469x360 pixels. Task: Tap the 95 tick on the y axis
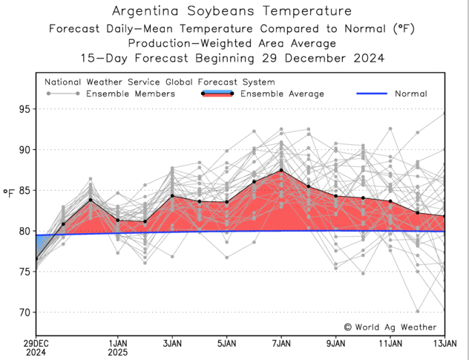pos(24,109)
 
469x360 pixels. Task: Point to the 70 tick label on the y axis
pos(24,312)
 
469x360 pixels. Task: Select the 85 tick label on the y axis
pos(24,190)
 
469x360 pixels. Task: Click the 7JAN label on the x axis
pos(281,344)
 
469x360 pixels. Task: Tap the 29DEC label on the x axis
pos(36,344)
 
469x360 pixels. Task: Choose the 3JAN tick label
pos(172,344)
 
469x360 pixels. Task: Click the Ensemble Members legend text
pos(131,94)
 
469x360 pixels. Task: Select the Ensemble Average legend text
pos(283,94)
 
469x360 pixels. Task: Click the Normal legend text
pos(410,94)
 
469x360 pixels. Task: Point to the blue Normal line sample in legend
pos(373,94)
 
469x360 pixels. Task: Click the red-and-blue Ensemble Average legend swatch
pos(217,94)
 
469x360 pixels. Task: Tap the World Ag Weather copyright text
pos(390,327)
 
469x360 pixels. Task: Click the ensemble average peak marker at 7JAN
pos(281,170)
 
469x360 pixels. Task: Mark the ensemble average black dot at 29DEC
pos(36,259)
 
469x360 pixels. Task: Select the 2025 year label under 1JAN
pos(117,353)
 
